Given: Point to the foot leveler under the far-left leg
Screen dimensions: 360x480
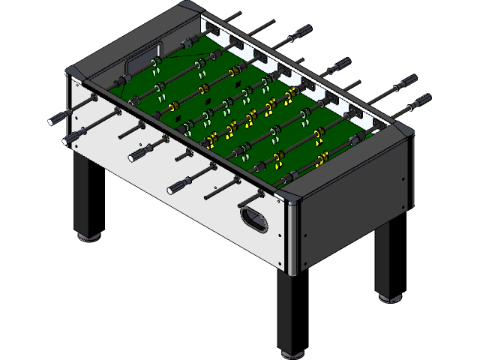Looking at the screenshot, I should (x=87, y=238).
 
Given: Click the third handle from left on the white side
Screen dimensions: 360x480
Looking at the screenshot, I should (x=142, y=153).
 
